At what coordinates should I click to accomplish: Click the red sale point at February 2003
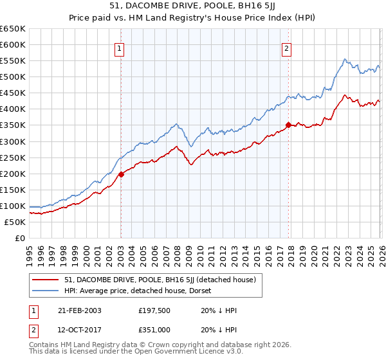click(121, 174)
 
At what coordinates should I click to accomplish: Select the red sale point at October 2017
click(288, 125)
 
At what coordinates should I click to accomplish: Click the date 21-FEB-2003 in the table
click(77, 310)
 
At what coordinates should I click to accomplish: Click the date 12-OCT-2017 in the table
click(77, 330)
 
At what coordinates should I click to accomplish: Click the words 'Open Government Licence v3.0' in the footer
click(152, 353)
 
